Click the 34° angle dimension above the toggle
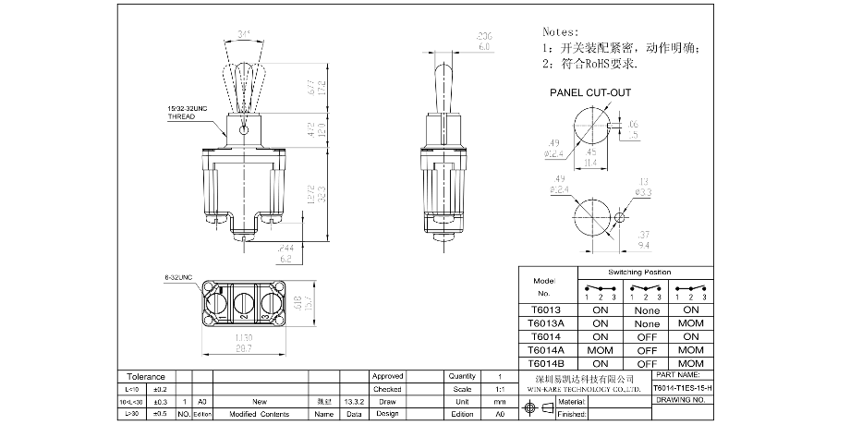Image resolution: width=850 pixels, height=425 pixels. point(244,34)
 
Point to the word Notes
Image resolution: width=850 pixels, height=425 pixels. point(563,30)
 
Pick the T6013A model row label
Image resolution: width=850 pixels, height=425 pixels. point(547,324)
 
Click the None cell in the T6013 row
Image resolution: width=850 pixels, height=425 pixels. point(647,310)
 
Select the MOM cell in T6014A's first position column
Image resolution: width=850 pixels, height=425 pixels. point(599,351)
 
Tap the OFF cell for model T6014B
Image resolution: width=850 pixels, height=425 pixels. point(647,365)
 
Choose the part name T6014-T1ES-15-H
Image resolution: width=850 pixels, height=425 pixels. point(683,389)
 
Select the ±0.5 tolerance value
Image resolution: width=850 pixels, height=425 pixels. point(160,415)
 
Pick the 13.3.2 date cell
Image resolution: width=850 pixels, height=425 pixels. point(353,402)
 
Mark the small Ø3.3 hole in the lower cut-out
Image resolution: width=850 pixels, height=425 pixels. point(620,217)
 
